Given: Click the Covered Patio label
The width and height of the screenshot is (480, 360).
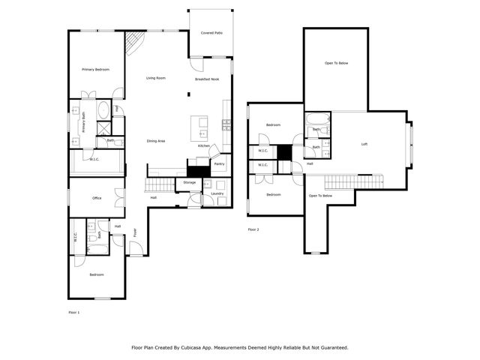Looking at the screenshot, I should coord(211,33).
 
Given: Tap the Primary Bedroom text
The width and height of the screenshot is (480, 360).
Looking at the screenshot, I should coord(96,70).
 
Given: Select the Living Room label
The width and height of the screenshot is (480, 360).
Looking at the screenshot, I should coord(156,78).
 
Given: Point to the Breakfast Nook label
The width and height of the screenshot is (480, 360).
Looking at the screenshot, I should coord(207,79).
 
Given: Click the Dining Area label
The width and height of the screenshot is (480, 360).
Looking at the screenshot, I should coord(156,141).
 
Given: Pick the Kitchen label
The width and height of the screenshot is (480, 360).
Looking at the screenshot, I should coord(204,145).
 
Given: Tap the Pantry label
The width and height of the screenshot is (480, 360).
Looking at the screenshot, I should coord(219,163).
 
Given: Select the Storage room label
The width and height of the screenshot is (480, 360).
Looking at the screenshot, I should coord(189,182).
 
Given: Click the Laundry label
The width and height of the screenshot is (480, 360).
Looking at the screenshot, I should coord(217,193).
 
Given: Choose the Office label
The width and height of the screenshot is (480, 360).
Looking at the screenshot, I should coord(97,198).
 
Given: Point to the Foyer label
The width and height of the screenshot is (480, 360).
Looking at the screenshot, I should coord(136,232).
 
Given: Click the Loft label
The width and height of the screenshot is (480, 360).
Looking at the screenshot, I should coord(364,144).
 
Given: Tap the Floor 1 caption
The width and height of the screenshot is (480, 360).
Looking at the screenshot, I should coord(73,311).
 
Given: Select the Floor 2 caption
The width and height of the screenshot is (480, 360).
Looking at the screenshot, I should coord(253,229).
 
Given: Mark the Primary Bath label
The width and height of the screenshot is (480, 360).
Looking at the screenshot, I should coord(84,122).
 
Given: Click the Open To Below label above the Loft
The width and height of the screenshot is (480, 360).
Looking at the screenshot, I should coord(336,63).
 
